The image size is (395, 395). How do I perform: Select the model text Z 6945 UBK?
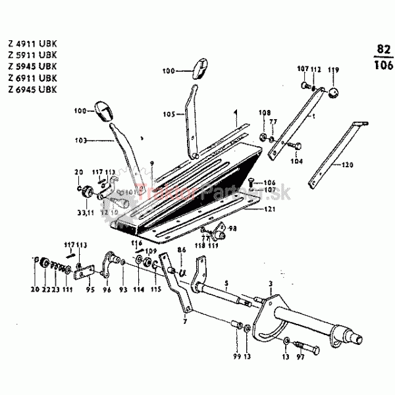32,88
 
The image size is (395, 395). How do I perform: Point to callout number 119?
334,70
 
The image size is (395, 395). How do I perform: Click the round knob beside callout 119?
334,92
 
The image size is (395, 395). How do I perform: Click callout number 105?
169,113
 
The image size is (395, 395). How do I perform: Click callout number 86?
182,251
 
